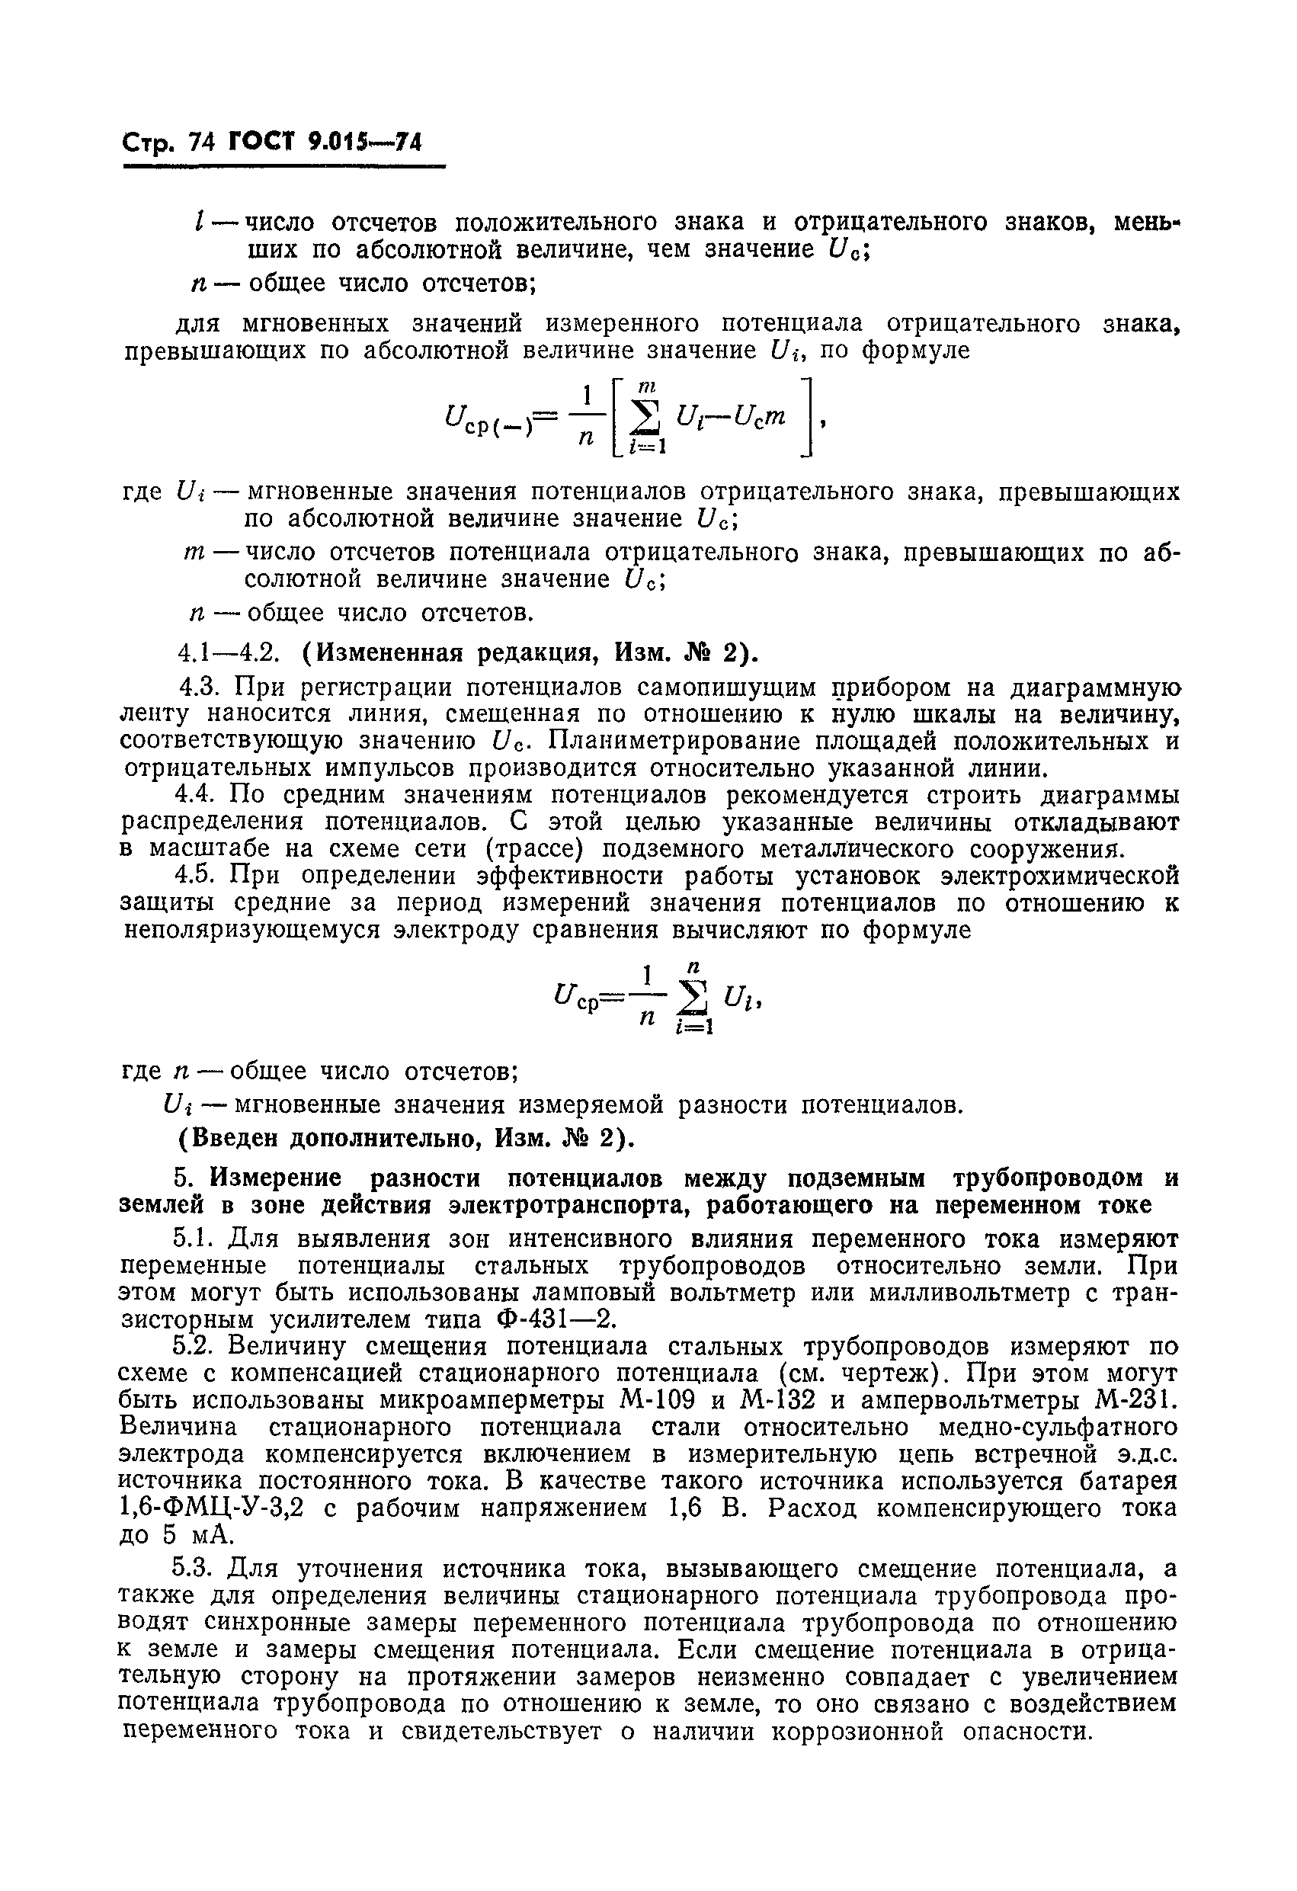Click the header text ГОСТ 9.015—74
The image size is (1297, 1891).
pyautogui.click(x=326, y=143)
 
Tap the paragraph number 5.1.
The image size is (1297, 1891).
pyautogui.click(x=194, y=1239)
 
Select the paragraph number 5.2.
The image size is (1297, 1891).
pyautogui.click(x=194, y=1347)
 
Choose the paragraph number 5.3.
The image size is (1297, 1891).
pyautogui.click(x=194, y=1568)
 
